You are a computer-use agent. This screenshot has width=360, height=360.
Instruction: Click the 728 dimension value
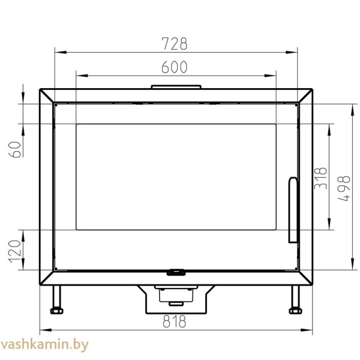click(175, 43)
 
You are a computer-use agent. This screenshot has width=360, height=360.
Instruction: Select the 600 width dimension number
click(175, 67)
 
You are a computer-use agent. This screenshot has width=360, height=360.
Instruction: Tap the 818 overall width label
click(174, 321)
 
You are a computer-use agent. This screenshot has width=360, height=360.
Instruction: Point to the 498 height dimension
click(344, 188)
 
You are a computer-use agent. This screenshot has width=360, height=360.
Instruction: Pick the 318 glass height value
click(320, 178)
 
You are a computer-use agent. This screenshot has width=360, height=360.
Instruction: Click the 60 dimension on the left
click(15, 149)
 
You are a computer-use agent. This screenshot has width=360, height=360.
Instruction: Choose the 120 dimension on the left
click(15, 251)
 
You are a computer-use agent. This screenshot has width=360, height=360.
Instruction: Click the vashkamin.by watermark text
click(44, 345)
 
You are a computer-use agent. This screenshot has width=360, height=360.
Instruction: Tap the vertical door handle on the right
click(293, 210)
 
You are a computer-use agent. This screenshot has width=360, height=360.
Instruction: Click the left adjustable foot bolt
click(57, 311)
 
